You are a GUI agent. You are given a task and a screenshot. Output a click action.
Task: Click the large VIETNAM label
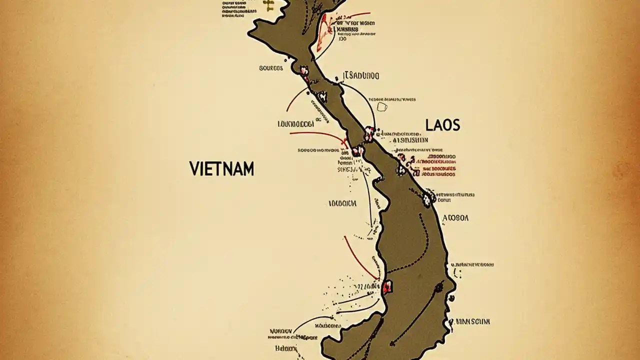coord(221,168)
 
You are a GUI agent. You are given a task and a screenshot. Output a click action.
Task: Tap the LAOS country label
coord(442,125)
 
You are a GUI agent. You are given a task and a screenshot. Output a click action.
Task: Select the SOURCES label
coord(271,68)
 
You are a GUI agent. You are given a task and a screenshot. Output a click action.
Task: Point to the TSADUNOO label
coord(362,76)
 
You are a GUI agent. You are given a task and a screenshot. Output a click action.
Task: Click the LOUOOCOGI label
coord(295,123)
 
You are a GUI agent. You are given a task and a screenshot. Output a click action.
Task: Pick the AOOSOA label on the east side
coord(456,218)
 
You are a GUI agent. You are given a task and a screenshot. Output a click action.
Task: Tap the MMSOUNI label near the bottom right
coord(470,321)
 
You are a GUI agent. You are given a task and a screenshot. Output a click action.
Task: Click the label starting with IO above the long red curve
coord(342,203)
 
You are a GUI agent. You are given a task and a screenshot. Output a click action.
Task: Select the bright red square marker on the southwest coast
coord(387,287)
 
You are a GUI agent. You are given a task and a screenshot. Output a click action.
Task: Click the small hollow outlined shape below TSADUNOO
coord(382,106)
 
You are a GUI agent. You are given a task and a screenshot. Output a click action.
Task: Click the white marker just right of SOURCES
coord(303,71)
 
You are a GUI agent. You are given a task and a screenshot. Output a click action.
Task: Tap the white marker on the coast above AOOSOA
coord(427,198)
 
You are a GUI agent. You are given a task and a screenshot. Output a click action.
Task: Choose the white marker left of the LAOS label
coord(369,133)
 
